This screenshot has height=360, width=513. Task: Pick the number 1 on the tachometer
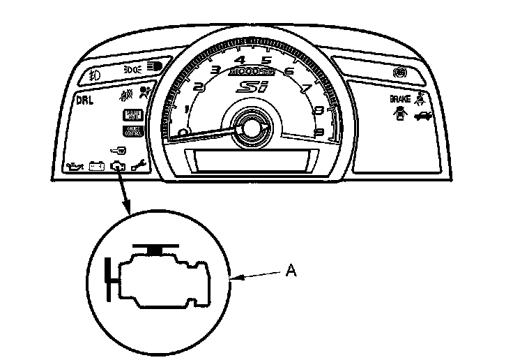click(186, 112)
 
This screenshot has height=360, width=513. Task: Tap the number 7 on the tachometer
click(305, 89)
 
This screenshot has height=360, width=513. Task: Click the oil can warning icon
click(74, 166)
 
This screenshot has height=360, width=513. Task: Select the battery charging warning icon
click(97, 166)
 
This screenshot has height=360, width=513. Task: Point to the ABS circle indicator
click(400, 73)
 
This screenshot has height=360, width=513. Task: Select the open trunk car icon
click(423, 116)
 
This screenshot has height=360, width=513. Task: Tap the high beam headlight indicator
click(153, 67)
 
